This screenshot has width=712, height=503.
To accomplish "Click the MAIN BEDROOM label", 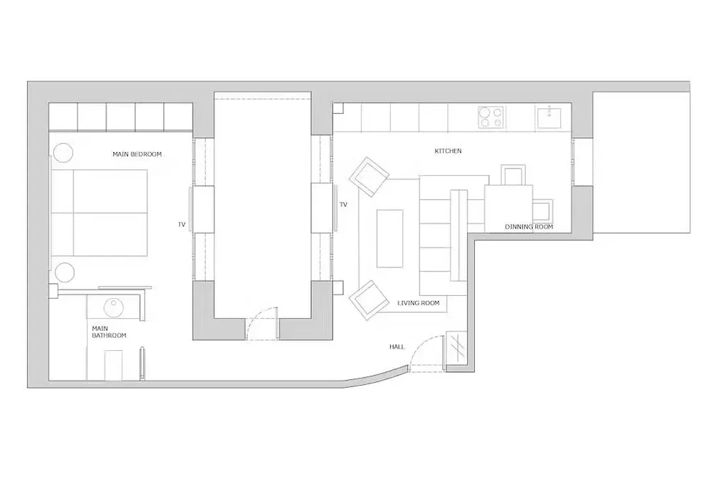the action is [137, 154].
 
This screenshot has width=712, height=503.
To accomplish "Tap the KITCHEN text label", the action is [448, 151].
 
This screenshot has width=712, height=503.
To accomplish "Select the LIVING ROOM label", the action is [418, 303].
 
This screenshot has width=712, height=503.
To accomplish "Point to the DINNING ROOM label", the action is [529, 227].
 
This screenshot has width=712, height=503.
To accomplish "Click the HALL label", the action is [397, 347].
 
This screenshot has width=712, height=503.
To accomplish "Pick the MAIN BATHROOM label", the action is [109, 332].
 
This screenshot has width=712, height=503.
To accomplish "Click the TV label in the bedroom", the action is [182, 225].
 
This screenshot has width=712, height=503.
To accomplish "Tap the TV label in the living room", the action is [343, 205].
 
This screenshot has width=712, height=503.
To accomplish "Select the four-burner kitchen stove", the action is [491, 117].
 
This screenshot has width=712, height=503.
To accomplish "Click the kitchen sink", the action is [548, 117].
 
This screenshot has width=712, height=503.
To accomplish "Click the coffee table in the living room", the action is [389, 238].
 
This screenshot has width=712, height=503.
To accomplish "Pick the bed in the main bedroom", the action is [100, 213].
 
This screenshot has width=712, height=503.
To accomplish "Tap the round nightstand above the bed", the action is [63, 153].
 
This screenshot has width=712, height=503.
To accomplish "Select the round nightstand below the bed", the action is [65, 272].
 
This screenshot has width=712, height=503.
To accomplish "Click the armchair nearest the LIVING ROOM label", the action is [369, 300].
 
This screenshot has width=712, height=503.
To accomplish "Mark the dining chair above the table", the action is [513, 175].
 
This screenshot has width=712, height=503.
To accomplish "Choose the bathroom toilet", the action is [113, 365].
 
